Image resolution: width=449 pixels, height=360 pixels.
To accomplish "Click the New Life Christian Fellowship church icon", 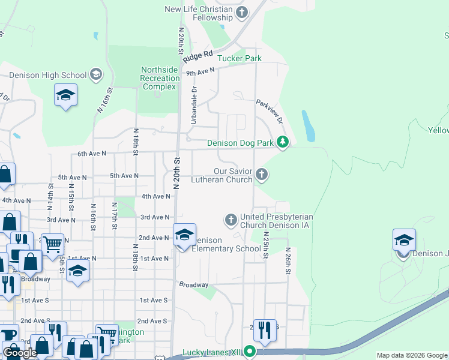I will click(242, 12).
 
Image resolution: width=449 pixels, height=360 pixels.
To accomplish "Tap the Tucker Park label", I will click(239, 58).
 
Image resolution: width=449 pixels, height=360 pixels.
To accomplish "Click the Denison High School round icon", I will click(95, 75).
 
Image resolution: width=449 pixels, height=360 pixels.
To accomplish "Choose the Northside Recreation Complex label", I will click(160, 78).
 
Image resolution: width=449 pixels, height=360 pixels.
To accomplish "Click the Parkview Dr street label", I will click(269, 112).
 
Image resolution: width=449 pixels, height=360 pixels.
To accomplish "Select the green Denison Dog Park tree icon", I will click(283, 143).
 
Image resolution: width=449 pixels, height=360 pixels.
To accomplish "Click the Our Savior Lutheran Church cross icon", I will click(261, 175).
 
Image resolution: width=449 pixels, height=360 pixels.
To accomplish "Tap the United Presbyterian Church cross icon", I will click(231, 220).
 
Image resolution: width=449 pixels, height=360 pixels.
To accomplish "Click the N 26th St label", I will click(288, 261).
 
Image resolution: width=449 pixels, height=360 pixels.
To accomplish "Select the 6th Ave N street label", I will click(92, 154).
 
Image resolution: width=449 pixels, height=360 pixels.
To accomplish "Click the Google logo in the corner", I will click(20, 353).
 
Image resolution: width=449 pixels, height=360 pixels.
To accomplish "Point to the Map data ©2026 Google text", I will click(411, 355).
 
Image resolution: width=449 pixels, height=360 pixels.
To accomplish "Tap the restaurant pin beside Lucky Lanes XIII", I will click(264, 329).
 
